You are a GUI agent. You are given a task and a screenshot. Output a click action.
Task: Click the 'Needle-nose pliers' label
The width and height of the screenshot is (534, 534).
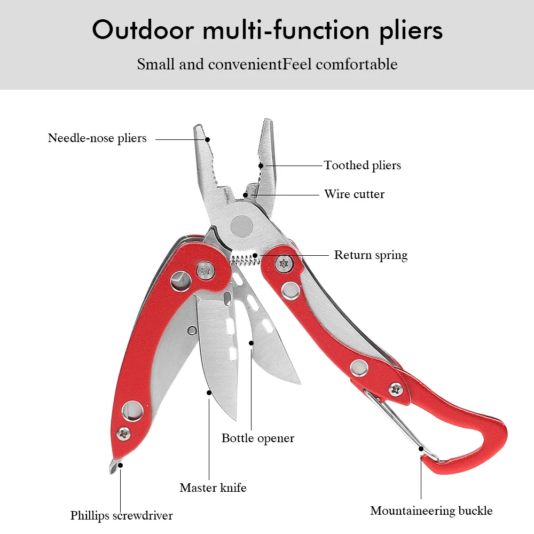(x=97, y=138)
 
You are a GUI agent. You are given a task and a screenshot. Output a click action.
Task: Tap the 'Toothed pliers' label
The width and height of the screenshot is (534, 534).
(x=363, y=166)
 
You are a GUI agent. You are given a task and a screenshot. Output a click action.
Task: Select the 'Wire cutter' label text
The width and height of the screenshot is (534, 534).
(x=354, y=194)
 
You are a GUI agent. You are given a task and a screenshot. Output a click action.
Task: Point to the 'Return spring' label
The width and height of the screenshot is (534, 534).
(x=371, y=255)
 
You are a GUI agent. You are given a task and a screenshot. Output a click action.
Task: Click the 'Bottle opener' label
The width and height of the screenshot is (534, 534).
(x=258, y=438)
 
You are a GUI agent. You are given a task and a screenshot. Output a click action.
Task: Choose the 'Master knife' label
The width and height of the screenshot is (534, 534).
(x=213, y=488)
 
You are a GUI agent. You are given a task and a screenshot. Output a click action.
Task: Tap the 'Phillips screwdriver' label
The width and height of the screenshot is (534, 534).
(x=122, y=516)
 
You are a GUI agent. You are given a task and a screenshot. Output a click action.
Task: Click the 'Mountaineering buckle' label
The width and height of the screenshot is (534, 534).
(x=431, y=511)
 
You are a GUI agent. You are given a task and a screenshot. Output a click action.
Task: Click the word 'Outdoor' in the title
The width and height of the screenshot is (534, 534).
(x=143, y=30)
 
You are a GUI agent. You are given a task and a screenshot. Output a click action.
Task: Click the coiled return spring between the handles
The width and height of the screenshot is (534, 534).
(x=245, y=260)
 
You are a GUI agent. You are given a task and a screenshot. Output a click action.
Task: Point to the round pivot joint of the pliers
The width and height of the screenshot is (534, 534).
(x=242, y=226)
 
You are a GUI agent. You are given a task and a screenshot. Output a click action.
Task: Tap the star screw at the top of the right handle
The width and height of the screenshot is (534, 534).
(x=284, y=263)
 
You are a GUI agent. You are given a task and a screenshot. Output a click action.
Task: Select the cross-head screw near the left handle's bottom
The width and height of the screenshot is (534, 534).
(x=123, y=434)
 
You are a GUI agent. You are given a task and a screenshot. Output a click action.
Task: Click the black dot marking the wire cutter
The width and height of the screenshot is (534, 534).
(x=245, y=195)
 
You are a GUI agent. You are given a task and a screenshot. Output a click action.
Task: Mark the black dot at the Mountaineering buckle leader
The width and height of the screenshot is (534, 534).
(x=421, y=449)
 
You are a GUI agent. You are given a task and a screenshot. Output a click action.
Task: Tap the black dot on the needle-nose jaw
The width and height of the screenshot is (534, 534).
(x=207, y=139)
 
